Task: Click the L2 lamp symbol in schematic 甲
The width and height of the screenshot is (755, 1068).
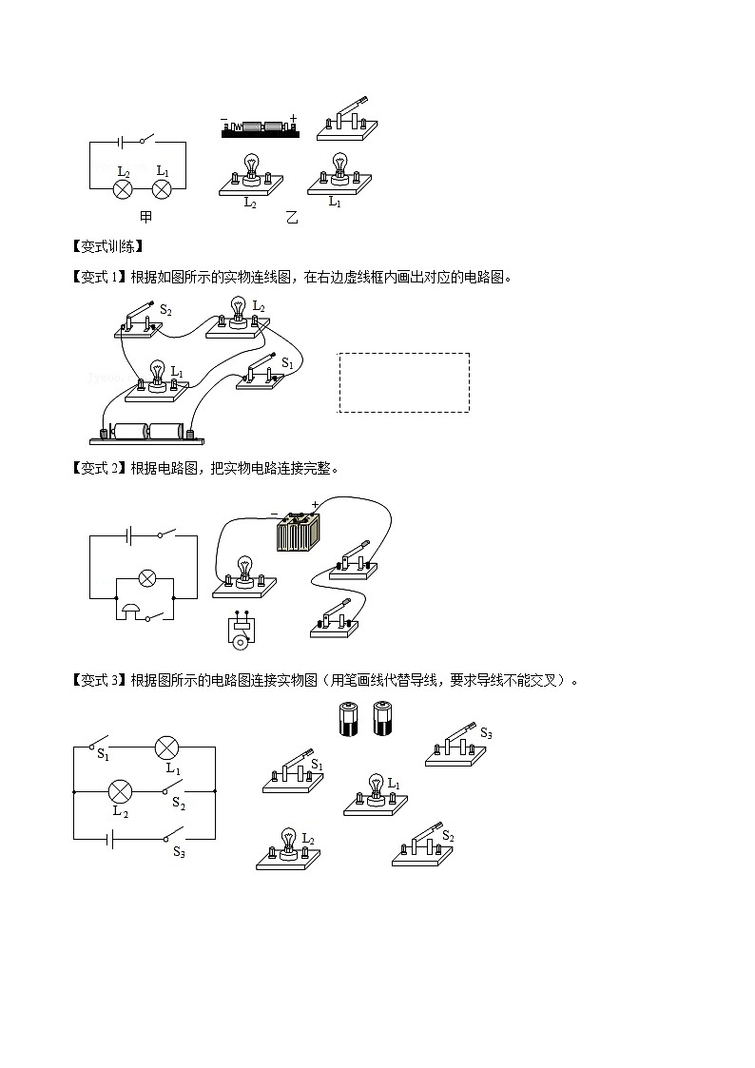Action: tap(123, 189)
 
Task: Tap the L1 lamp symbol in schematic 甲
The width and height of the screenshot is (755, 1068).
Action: tap(162, 189)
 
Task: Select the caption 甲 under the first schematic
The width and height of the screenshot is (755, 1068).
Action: tap(145, 217)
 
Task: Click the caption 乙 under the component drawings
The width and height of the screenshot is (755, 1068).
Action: tap(292, 218)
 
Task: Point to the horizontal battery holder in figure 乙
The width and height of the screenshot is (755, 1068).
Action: tap(261, 127)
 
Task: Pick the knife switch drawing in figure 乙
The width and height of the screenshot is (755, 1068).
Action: tap(346, 120)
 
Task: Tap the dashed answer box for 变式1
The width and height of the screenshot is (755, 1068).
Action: tap(404, 382)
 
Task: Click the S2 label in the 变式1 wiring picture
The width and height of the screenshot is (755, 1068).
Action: tap(165, 311)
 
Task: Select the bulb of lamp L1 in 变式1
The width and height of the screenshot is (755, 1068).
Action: tap(158, 372)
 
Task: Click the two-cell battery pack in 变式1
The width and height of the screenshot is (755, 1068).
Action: tap(147, 434)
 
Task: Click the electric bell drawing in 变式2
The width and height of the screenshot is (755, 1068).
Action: tap(242, 629)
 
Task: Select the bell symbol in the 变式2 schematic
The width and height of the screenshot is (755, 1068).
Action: tap(130, 609)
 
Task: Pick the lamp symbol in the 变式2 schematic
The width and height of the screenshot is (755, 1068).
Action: tap(147, 579)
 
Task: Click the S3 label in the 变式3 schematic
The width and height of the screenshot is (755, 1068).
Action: tap(179, 851)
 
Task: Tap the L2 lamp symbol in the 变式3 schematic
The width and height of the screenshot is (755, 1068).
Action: tap(121, 791)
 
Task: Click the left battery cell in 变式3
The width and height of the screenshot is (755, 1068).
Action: tap(349, 719)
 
